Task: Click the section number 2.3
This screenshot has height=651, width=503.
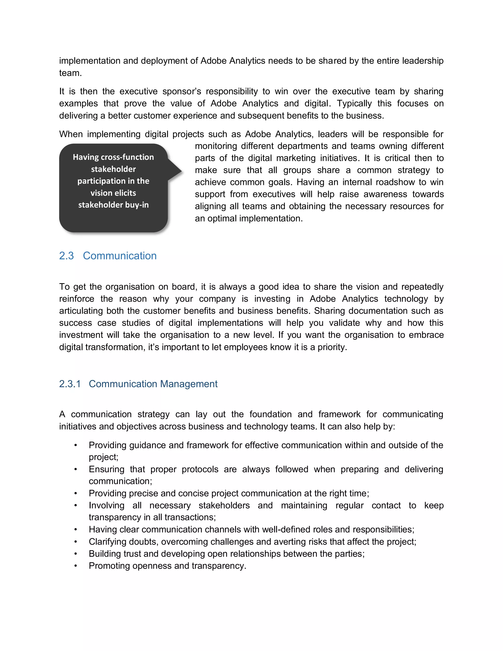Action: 66,256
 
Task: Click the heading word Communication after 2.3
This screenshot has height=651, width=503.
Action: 120,256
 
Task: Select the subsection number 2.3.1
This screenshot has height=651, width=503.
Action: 70,384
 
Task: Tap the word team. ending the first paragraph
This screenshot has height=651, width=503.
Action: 70,73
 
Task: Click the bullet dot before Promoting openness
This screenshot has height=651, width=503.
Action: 76,566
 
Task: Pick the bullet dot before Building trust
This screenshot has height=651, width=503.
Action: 76,554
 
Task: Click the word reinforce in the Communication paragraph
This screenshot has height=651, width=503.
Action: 77,299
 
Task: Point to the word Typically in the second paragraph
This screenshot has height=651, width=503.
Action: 354,103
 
